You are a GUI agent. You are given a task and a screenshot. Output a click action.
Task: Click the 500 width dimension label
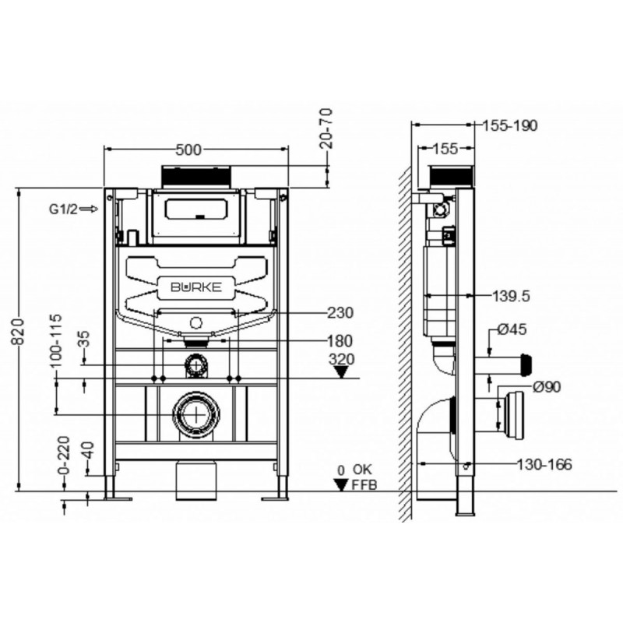click(x=188, y=150)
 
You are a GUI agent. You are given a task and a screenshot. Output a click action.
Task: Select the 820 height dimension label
click(x=18, y=332)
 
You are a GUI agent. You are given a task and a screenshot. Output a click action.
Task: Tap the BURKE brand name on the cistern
click(x=196, y=287)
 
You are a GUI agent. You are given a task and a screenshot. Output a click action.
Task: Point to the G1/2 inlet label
click(x=64, y=209)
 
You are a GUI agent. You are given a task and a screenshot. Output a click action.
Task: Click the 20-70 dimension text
click(x=326, y=128)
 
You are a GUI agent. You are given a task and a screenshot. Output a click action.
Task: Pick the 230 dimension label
click(x=340, y=313)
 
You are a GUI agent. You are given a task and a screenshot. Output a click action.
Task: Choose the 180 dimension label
click(x=340, y=341)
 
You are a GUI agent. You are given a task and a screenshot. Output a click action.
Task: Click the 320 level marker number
click(x=342, y=359)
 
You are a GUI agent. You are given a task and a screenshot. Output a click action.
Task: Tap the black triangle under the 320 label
click(x=341, y=372)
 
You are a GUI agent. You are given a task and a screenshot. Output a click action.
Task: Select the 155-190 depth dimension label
click(x=510, y=125)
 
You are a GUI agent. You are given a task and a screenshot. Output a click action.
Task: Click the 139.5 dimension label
click(x=511, y=297)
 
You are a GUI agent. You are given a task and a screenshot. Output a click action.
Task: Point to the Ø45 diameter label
click(x=512, y=329)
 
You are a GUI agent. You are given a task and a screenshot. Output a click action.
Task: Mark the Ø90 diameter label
click(x=547, y=387)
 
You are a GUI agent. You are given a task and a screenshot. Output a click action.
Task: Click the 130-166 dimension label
click(x=544, y=464)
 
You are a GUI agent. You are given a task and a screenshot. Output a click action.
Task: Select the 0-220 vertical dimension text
click(x=64, y=456)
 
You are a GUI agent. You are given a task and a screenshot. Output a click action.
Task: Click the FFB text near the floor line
click(x=364, y=484)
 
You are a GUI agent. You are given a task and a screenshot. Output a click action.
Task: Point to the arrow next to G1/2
click(x=89, y=209)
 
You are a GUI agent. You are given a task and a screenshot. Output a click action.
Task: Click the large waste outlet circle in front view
click(x=196, y=414)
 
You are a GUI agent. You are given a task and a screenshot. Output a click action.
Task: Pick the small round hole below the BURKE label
click(x=196, y=322)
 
